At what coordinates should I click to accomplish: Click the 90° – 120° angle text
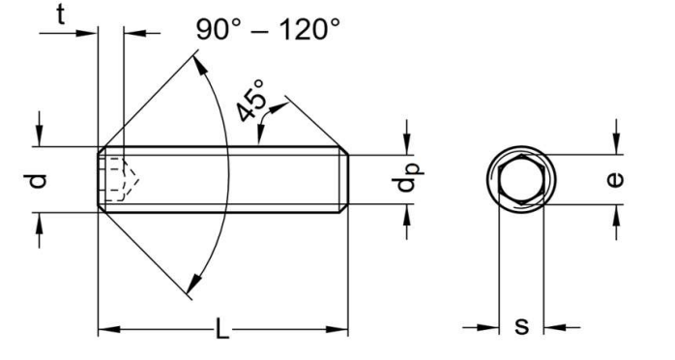268,28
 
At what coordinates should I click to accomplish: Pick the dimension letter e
618,179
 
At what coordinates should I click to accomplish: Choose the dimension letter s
521,326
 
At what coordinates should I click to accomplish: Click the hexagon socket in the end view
521,179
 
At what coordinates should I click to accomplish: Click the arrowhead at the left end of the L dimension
106,331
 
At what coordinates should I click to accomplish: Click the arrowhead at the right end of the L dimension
339,331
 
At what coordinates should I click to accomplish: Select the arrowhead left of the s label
489,327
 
